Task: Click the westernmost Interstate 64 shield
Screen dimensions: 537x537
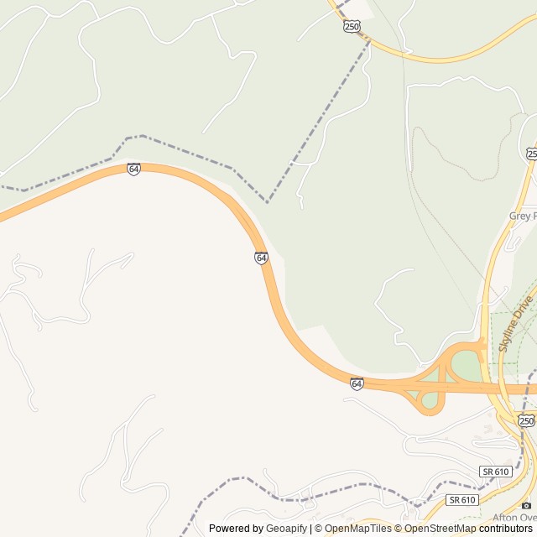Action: tap(133, 169)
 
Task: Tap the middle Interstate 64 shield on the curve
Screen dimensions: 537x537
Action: tap(262, 258)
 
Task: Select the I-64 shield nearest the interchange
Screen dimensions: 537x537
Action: tap(357, 383)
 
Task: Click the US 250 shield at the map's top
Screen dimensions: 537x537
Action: tap(352, 27)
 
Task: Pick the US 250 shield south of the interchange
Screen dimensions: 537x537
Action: tap(526, 420)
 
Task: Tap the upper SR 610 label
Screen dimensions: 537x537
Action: tap(496, 472)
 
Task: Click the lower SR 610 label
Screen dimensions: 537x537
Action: tap(461, 499)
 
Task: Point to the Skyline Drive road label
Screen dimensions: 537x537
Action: tap(515, 323)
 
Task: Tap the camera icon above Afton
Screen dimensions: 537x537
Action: tap(526, 505)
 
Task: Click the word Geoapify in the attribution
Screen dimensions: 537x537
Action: tap(287, 529)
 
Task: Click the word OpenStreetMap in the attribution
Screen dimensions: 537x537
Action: tap(441, 529)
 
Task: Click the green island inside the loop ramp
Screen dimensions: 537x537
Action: tap(430, 399)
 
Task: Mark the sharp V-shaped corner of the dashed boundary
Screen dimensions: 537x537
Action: tap(267, 202)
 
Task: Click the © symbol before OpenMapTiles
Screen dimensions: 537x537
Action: tap(317, 529)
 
